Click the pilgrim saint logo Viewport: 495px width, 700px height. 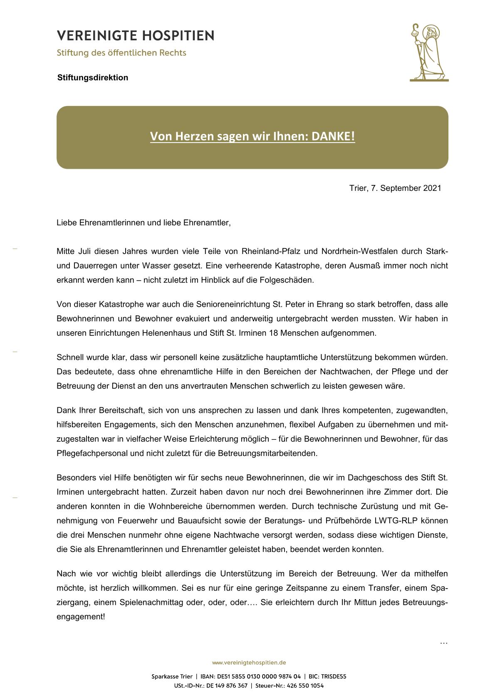pyautogui.click(x=428, y=52)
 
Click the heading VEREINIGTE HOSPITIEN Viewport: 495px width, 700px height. pyautogui.click(x=136, y=36)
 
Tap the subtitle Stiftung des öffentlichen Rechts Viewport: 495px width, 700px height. pyautogui.click(x=121, y=53)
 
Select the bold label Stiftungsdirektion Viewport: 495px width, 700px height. pyautogui.click(x=93, y=78)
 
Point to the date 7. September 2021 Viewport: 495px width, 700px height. pyautogui.click(x=406, y=188)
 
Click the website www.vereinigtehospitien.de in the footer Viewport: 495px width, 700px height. pyautogui.click(x=249, y=663)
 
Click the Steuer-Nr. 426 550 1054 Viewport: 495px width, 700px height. pyautogui.click(x=305, y=686)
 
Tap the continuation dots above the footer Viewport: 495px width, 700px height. pyautogui.click(x=443, y=643)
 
